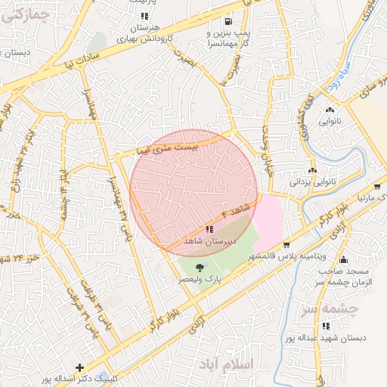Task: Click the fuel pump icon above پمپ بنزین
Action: pyautogui.click(x=228, y=21)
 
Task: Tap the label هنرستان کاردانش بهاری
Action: pyautogui.click(x=144, y=32)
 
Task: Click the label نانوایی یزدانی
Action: pyautogui.click(x=311, y=182)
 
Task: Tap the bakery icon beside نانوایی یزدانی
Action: pyautogui.click(x=311, y=170)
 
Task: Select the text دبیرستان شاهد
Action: pyautogui.click(x=209, y=241)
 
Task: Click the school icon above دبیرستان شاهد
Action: pyautogui.click(x=209, y=228)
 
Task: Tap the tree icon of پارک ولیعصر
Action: pyautogui.click(x=200, y=268)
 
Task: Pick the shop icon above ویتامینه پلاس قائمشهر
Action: pyautogui.click(x=286, y=246)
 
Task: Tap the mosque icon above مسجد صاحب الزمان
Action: pyautogui.click(x=342, y=258)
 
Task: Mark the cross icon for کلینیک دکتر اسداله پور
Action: pyautogui.click(x=79, y=367)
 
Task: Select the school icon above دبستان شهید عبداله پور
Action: pyautogui.click(x=326, y=326)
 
